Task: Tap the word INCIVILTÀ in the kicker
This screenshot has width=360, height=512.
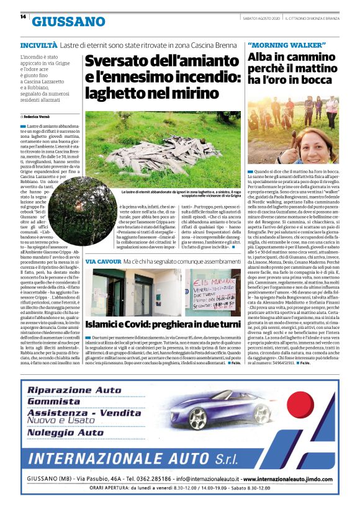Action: click(39, 45)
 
